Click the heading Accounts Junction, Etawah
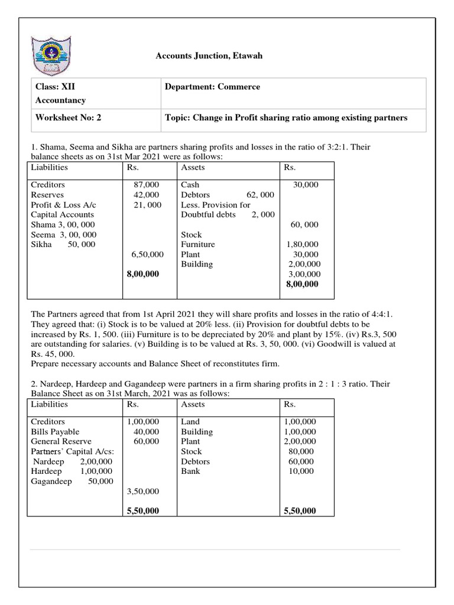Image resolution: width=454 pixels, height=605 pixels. click(208, 56)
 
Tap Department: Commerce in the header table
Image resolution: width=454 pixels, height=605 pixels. click(212, 87)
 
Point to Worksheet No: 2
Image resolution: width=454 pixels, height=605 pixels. click(69, 118)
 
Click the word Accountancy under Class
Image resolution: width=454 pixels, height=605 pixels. click(60, 100)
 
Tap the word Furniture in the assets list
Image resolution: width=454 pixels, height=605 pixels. click(198, 244)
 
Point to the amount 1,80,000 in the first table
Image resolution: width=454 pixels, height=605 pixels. click(302, 244)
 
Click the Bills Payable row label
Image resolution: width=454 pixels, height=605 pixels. click(55, 432)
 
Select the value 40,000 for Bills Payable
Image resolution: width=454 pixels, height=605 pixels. click(146, 432)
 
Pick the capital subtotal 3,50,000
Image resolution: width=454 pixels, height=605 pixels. click(142, 491)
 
